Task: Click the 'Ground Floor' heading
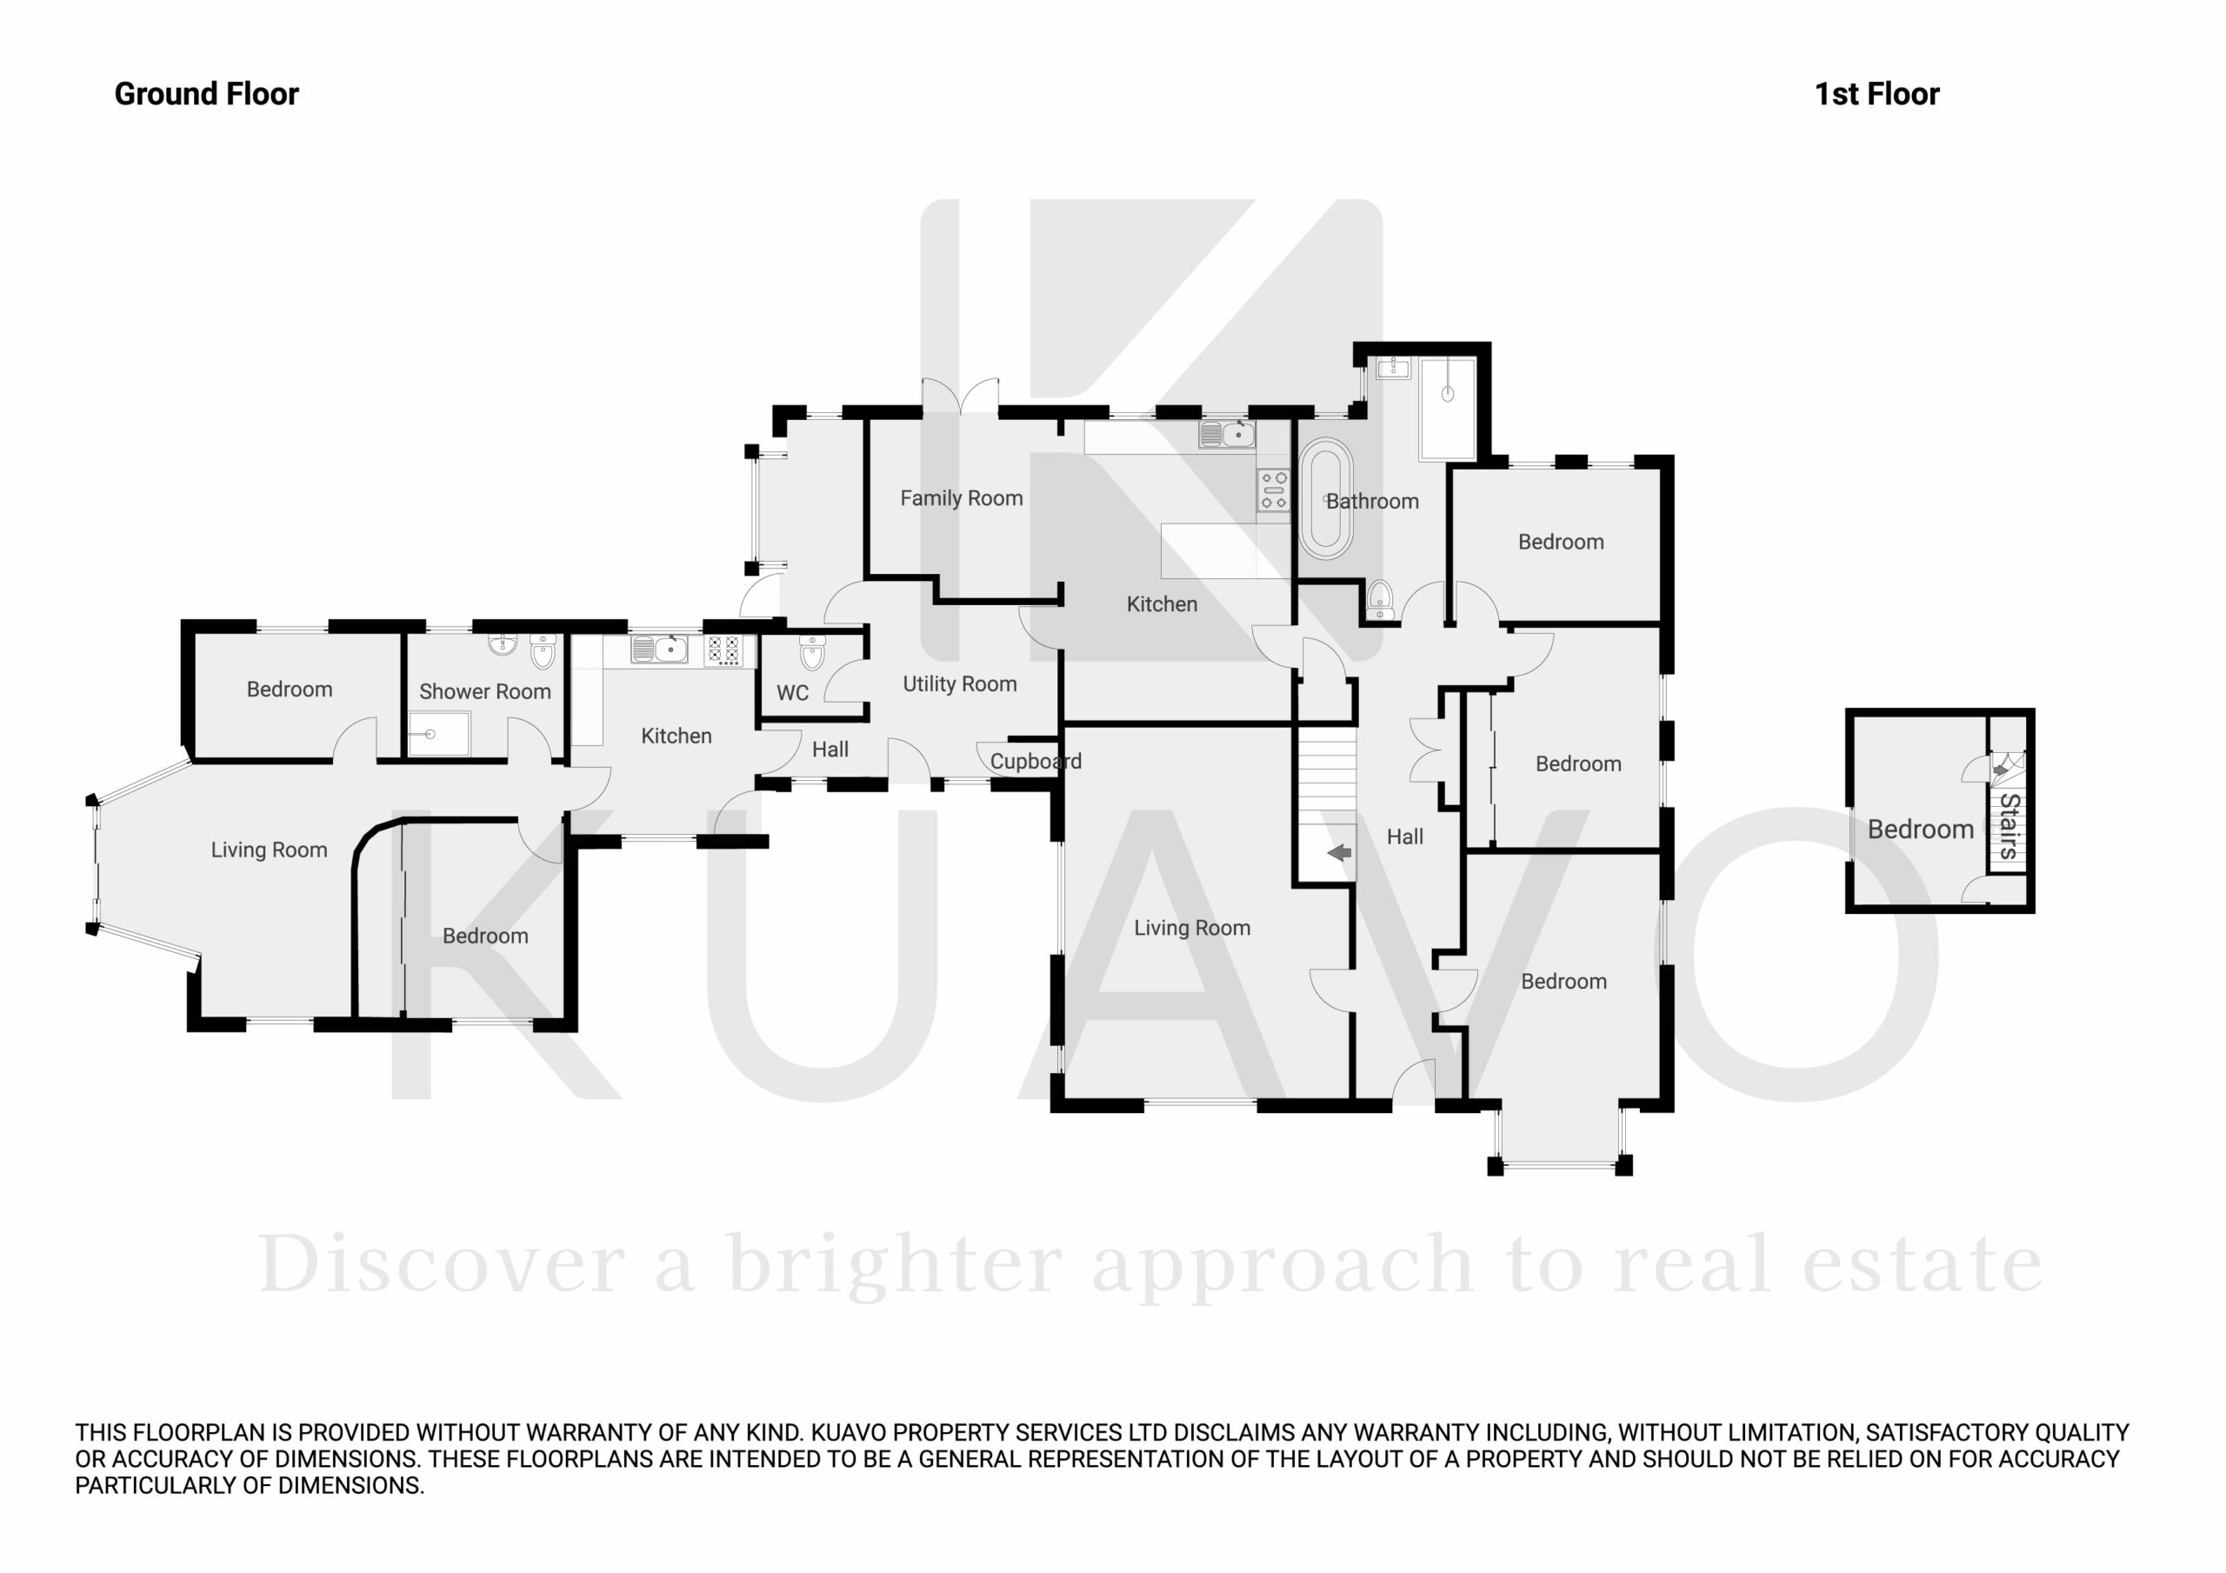206,94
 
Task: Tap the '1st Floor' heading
1877,94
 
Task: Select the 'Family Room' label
962,498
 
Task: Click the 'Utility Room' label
960,684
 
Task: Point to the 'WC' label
793,693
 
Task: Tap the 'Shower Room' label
484,691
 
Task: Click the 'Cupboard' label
1036,762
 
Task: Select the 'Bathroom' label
1372,502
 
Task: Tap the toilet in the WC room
811,654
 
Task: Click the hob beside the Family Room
1274,490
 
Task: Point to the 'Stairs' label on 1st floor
2009,826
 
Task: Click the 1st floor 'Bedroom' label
1921,830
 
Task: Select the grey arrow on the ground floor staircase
1340,852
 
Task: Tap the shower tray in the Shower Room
439,734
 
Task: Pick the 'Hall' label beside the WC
830,750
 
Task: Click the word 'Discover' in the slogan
441,1264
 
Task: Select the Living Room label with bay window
270,850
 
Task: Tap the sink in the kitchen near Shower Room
659,649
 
